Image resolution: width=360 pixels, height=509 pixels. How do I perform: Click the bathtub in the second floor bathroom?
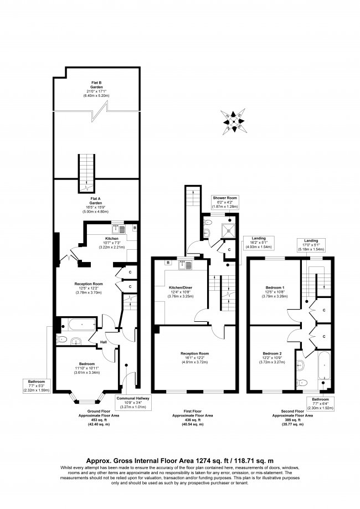(323, 368)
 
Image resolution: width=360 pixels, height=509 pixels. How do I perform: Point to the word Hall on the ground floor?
(103, 343)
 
